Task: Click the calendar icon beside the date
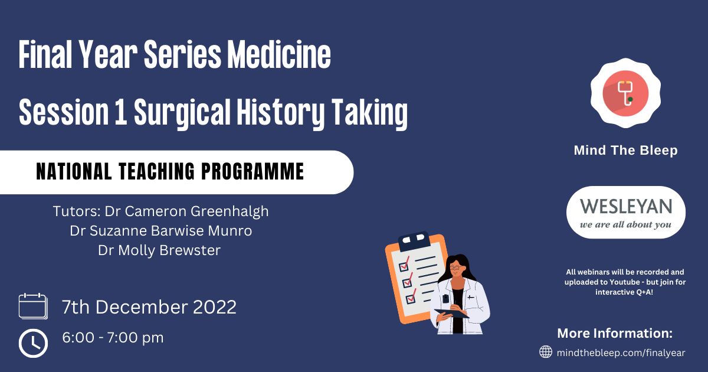[33, 306]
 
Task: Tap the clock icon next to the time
[33, 343]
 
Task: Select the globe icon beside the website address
[546, 352]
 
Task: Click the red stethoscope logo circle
[625, 93]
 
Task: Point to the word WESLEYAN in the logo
[626, 206]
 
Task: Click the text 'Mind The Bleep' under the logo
[626, 150]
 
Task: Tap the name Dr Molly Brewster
[159, 250]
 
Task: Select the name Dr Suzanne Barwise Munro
[161, 231]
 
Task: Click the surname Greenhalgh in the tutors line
[230, 211]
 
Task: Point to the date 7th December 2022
[149, 307]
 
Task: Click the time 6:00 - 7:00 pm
[113, 338]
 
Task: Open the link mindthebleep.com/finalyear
[621, 353]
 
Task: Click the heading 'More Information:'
[615, 333]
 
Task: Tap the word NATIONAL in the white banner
[74, 171]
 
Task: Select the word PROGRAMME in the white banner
[253, 171]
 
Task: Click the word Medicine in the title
[279, 54]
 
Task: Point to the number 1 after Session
[121, 113]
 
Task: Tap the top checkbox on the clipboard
[404, 265]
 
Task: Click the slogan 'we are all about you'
[625, 224]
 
